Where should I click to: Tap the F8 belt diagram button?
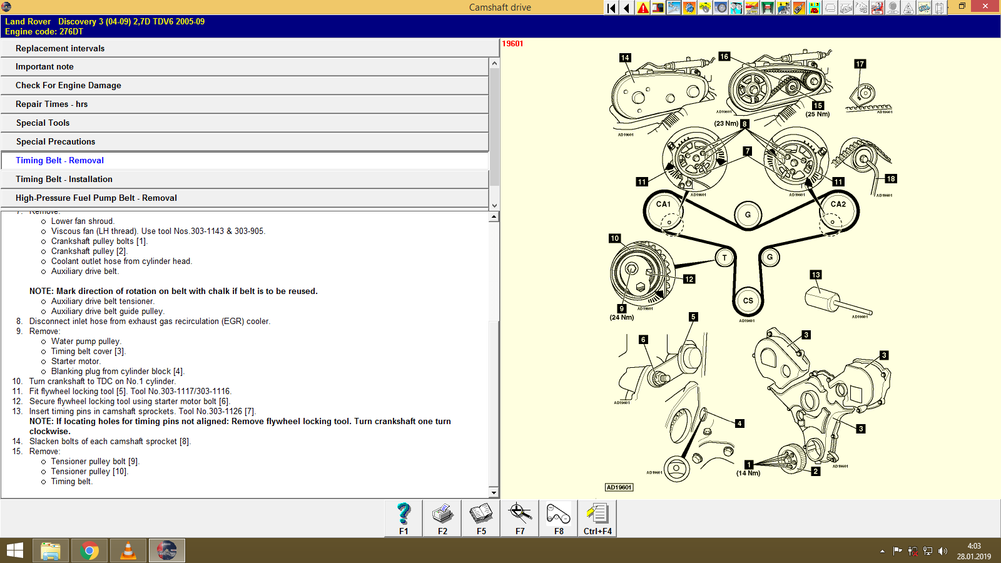coord(558,518)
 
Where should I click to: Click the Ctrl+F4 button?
coord(597,518)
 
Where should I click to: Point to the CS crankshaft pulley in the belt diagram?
coord(748,301)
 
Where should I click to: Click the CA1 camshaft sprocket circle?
coord(664,211)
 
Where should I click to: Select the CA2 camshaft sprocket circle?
coord(838,211)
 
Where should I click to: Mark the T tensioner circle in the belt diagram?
coord(724,257)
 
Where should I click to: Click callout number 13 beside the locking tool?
coord(816,275)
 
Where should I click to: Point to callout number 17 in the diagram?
coord(860,64)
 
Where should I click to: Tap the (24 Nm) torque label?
coord(622,318)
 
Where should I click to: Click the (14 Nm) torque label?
coord(748,474)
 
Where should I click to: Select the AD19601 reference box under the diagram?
coord(619,487)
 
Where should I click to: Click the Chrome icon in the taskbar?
coord(89,550)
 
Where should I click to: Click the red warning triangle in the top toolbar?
coord(643,8)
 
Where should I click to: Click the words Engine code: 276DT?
coord(44,31)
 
